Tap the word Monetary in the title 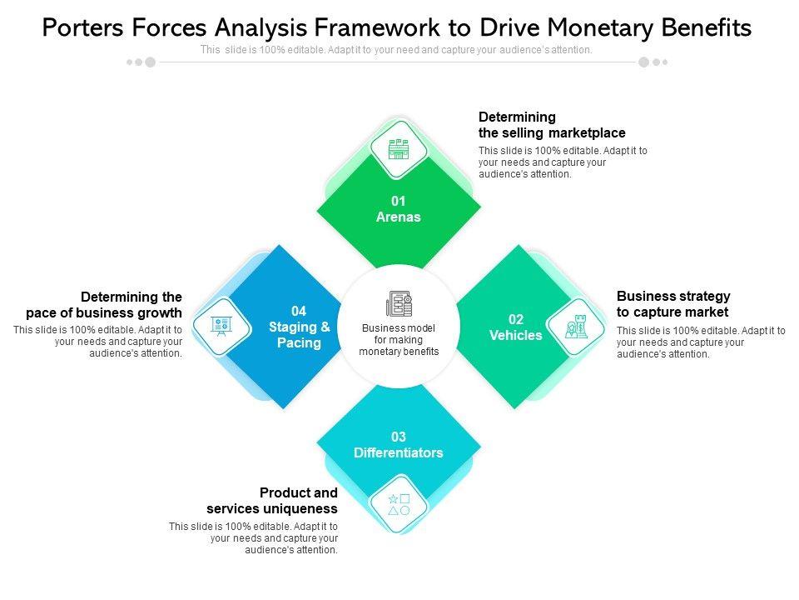(590, 28)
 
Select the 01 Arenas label (399, 209)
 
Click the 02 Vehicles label (516, 327)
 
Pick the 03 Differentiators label (399, 445)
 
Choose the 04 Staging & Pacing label (299, 327)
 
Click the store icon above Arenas (399, 150)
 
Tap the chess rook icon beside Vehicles (575, 327)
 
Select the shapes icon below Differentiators (399, 503)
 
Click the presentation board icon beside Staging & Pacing (221, 326)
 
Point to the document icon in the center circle (399, 304)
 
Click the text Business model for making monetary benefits (399, 340)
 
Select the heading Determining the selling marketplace (552, 125)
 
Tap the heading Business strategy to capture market (673, 304)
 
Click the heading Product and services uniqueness (272, 501)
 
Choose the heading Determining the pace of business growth (104, 305)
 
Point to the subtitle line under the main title (396, 50)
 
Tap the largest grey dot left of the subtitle (151, 62)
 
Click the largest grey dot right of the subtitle (643, 62)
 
